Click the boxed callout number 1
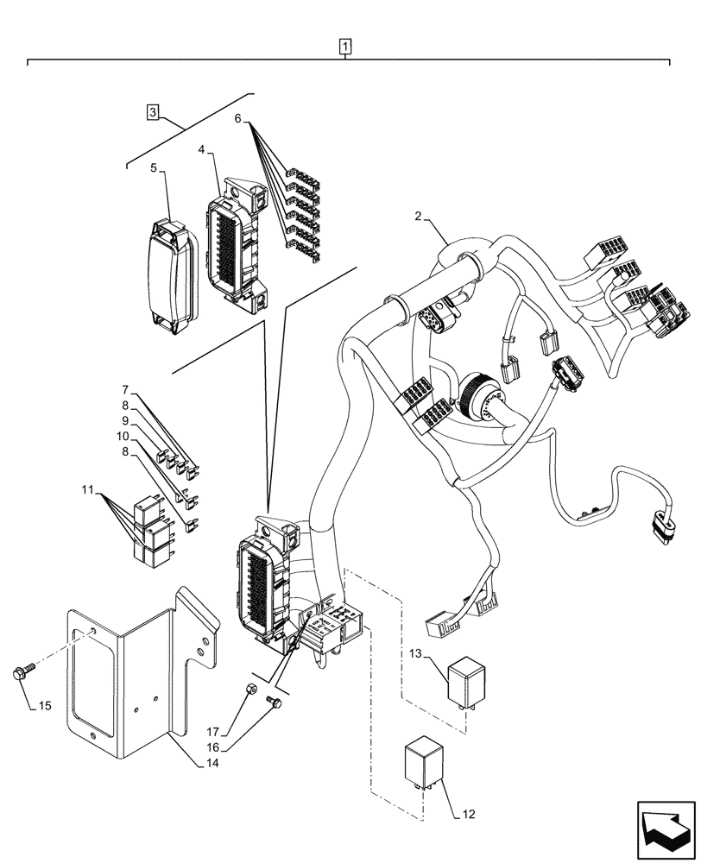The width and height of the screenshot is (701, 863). [345, 46]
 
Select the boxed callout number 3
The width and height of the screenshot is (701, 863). [152, 111]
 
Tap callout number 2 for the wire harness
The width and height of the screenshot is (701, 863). [418, 217]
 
